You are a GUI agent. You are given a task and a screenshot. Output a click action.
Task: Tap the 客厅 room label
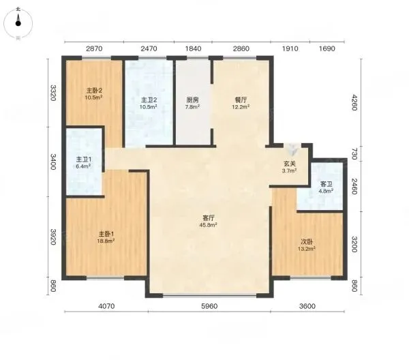point(209,217)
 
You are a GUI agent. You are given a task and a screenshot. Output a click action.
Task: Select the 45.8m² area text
point(209,225)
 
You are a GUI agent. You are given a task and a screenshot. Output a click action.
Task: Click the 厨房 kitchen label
point(192,100)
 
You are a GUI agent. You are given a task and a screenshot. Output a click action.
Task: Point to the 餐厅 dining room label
point(241,100)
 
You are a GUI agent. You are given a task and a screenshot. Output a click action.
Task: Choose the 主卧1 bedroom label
point(106,233)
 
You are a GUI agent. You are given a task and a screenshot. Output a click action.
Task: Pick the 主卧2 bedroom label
point(94,91)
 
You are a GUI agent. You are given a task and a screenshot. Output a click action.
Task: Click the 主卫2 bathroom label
point(149,100)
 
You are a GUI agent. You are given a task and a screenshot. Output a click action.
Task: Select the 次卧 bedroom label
point(307,242)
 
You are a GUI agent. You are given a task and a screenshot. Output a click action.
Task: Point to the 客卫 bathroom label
point(326,184)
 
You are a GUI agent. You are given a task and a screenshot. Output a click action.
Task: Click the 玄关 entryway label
point(290,164)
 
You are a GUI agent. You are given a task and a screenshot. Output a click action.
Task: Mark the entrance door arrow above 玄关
point(292,149)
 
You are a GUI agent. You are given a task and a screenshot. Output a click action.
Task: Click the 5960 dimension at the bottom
point(209,306)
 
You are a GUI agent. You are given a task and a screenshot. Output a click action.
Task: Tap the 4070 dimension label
point(106,306)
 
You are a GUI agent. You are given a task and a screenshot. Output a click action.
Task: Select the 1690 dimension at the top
point(327,48)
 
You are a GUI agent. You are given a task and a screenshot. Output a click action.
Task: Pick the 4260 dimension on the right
point(354,102)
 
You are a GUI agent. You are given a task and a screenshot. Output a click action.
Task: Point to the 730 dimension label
point(354,153)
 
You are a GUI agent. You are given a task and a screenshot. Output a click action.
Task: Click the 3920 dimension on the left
point(53,237)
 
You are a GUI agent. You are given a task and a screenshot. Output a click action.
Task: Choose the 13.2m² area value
point(307,249)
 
